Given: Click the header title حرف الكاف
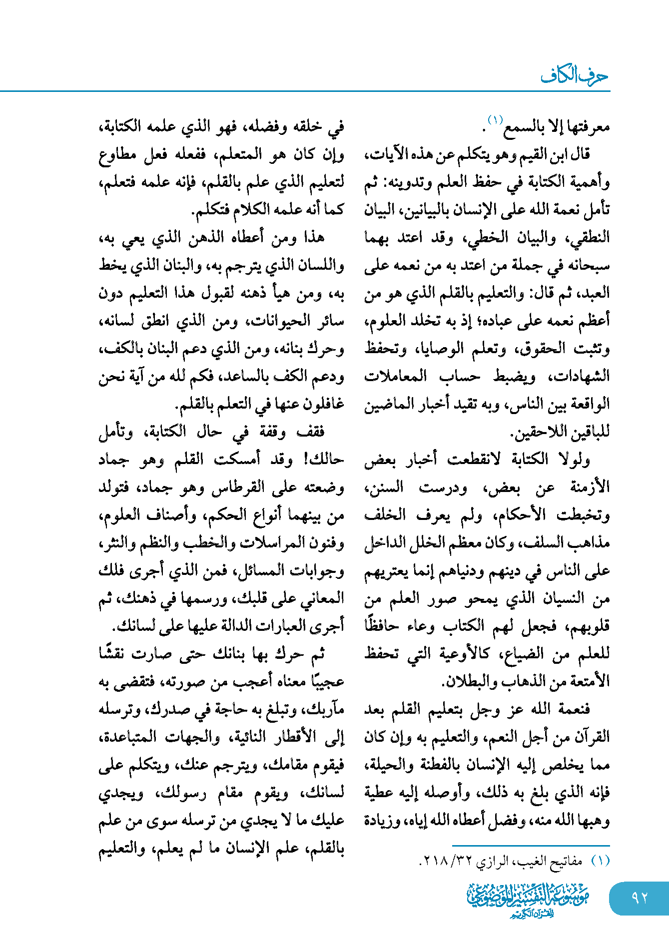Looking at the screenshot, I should click(575, 76).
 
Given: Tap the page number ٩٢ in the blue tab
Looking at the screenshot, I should click(639, 898).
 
